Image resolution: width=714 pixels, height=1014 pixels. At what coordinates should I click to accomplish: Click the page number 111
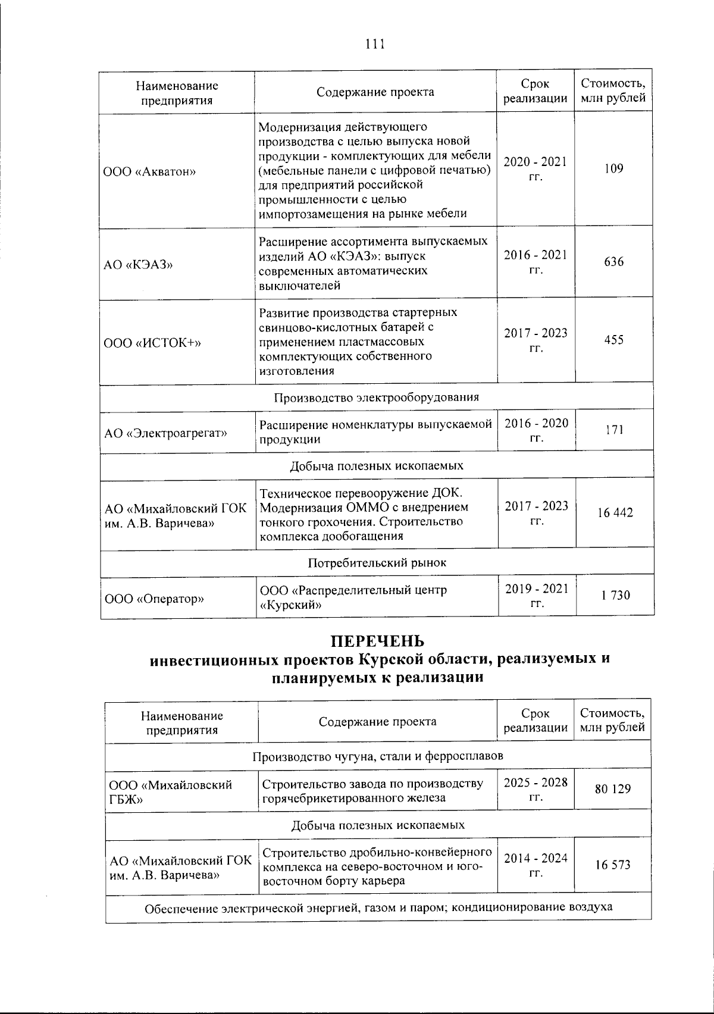(375, 45)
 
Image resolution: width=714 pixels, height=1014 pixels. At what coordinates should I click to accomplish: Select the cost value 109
(613, 168)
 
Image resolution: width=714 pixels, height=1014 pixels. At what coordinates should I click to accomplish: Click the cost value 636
(613, 262)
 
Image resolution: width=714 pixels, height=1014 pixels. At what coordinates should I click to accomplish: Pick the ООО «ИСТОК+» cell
(153, 343)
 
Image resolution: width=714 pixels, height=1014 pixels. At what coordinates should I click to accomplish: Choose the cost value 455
(613, 340)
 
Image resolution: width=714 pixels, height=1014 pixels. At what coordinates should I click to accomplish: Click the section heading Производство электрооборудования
(376, 397)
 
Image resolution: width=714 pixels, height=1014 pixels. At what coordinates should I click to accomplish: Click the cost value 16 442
(615, 512)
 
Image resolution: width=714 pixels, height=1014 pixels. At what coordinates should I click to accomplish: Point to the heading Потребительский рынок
(377, 562)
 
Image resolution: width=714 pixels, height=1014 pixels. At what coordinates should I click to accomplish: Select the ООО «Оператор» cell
(154, 599)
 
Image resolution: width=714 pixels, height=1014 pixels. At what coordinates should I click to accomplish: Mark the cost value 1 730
(615, 595)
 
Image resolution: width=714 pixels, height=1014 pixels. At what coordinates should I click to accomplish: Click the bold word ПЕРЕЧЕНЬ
(377, 641)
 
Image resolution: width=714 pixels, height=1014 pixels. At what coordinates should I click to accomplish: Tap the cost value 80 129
(612, 789)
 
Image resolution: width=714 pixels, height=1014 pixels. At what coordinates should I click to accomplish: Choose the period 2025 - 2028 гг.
(535, 789)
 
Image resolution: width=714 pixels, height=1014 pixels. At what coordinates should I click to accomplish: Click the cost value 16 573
(612, 865)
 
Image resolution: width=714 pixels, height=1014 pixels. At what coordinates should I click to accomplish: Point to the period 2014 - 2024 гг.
(535, 865)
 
